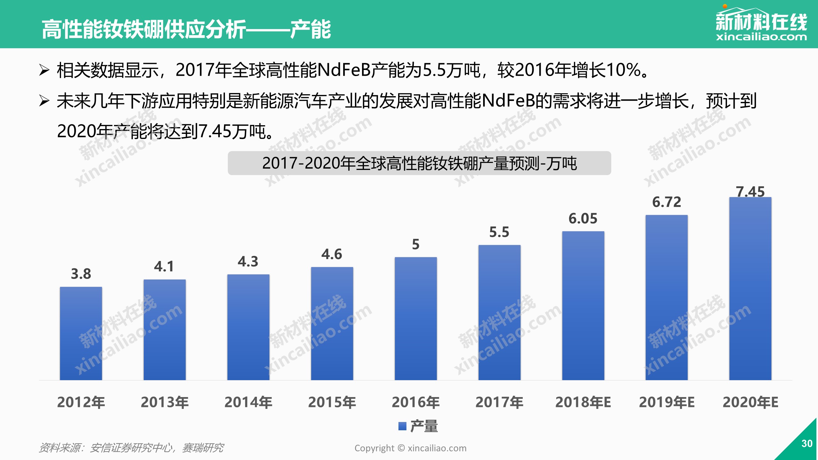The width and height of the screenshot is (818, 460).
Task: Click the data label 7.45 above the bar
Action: point(750,192)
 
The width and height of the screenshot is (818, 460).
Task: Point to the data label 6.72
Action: point(667,202)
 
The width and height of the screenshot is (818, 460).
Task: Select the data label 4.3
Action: point(248,262)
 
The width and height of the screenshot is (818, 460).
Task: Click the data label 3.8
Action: point(81,274)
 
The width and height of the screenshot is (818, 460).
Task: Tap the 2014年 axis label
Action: point(248,402)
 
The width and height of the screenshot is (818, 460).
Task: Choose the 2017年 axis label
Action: point(499,402)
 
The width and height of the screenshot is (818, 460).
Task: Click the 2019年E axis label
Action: point(667,402)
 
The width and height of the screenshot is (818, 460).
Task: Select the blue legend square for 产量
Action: point(402,426)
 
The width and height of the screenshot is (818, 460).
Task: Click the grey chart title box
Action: point(419,163)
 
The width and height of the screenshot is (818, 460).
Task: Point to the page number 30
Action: point(807,443)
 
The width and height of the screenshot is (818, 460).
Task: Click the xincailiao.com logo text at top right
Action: point(761,37)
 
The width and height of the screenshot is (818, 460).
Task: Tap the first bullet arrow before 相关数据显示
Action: point(44,70)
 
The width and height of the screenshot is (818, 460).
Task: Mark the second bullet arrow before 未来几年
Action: point(44,101)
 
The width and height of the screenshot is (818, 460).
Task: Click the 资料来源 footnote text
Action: point(131,448)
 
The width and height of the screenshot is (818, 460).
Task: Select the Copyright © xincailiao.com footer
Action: point(410,448)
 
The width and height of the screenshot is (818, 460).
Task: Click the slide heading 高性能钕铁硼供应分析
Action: point(144,29)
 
